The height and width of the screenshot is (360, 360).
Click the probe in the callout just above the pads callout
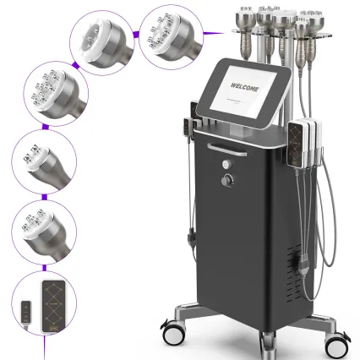43,232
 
